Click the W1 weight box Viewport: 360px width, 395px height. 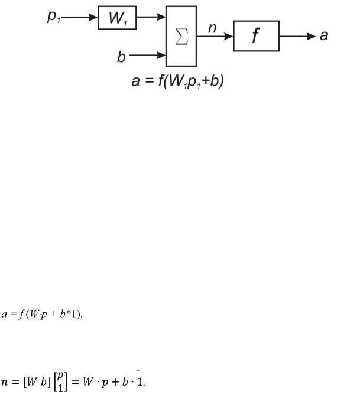tap(117, 18)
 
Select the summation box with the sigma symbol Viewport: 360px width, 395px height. tap(181, 36)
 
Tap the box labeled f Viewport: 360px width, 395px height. tap(256, 36)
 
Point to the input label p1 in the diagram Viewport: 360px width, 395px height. tap(54, 17)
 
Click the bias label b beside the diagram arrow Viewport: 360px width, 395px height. tap(121, 56)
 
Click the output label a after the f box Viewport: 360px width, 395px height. tap(323, 36)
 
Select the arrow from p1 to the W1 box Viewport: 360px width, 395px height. tap(80, 18)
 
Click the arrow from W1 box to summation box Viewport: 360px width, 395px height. tap(151, 18)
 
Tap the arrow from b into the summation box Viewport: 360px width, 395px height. tap(148, 56)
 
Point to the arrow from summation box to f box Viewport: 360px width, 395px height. tap(215, 36)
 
